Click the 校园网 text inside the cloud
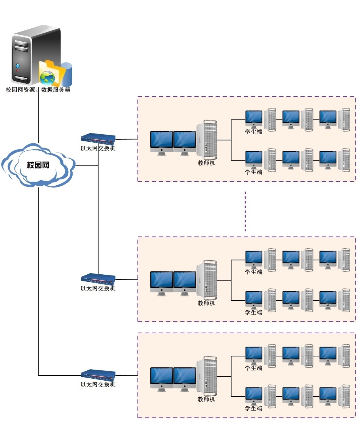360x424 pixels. click(x=38, y=165)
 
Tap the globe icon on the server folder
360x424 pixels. click(x=47, y=78)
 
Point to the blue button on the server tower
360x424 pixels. click(x=18, y=66)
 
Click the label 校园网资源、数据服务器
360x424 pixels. click(x=38, y=90)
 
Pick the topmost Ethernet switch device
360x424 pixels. click(x=98, y=139)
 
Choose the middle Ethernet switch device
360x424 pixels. click(x=98, y=279)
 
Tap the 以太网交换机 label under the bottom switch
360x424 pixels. click(x=98, y=385)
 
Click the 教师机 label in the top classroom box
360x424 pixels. click(x=206, y=163)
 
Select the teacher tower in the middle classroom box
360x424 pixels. click(x=207, y=280)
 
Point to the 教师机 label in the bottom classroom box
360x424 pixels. click(x=206, y=399)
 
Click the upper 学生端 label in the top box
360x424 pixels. click(x=253, y=132)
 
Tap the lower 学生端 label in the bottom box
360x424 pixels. click(x=253, y=408)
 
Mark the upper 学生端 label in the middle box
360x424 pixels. click(x=253, y=272)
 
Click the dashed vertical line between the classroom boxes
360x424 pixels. click(x=245, y=211)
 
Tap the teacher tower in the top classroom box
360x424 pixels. click(x=207, y=140)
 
